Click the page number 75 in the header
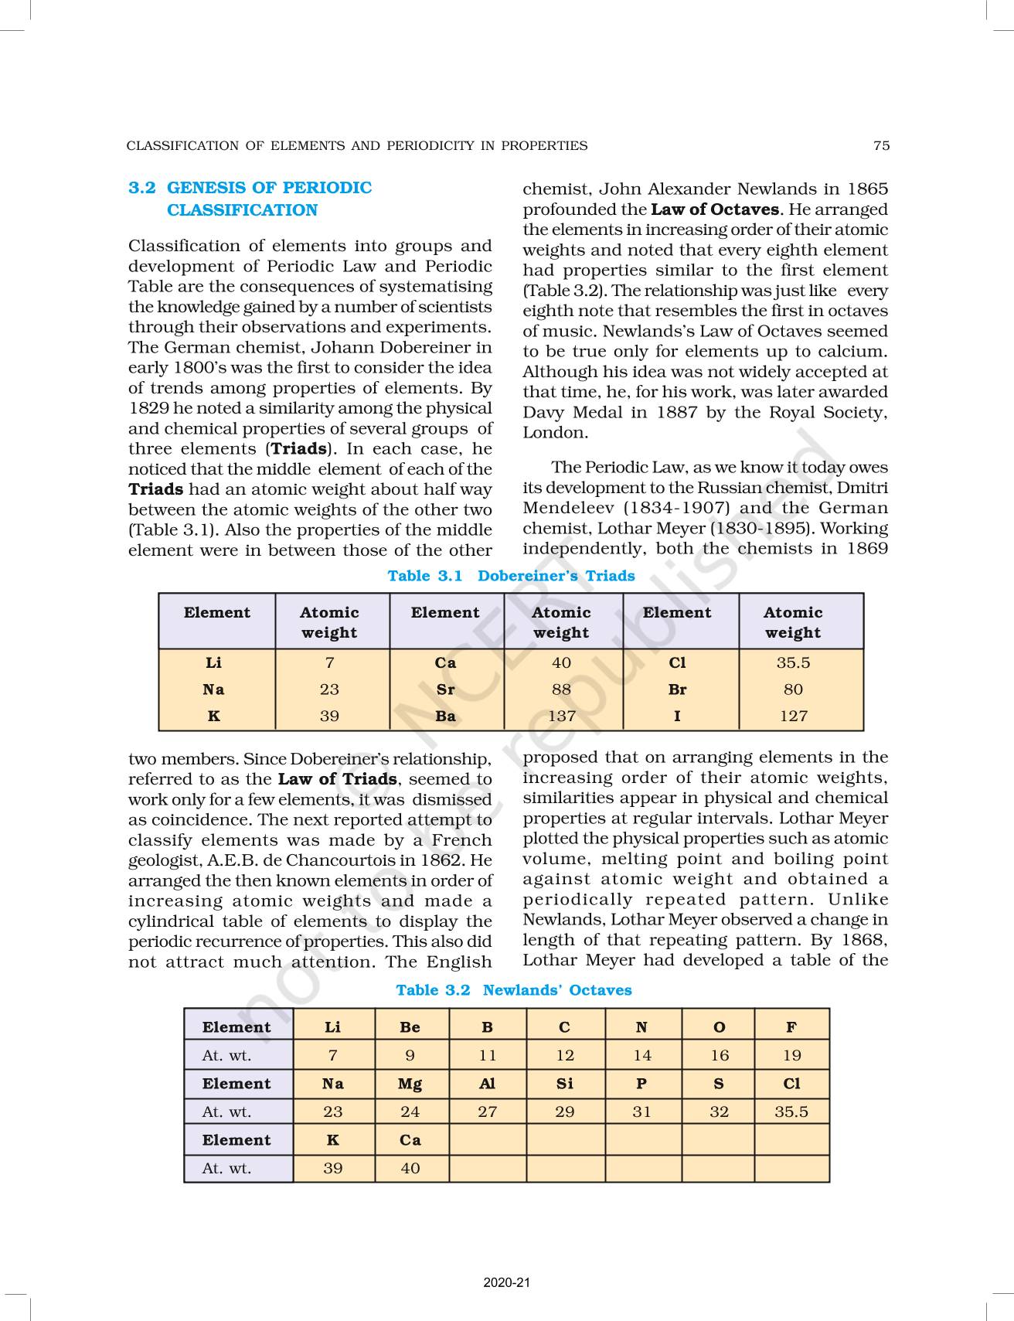point(881,145)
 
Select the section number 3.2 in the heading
point(142,188)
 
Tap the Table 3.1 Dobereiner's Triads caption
point(511,576)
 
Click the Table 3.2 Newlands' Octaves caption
point(513,990)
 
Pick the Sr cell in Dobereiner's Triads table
point(445,689)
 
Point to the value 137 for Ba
point(562,716)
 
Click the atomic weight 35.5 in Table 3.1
point(793,663)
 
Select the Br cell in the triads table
point(678,689)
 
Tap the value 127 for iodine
point(793,716)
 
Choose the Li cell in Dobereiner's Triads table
point(214,663)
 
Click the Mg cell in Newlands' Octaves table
point(410,1084)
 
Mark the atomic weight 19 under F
point(791,1055)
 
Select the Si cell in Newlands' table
point(565,1084)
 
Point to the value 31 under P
point(642,1112)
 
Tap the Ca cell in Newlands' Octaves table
point(410,1140)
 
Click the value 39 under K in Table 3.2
point(333,1168)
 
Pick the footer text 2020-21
point(507,1283)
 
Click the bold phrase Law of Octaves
point(715,209)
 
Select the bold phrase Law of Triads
point(338,779)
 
